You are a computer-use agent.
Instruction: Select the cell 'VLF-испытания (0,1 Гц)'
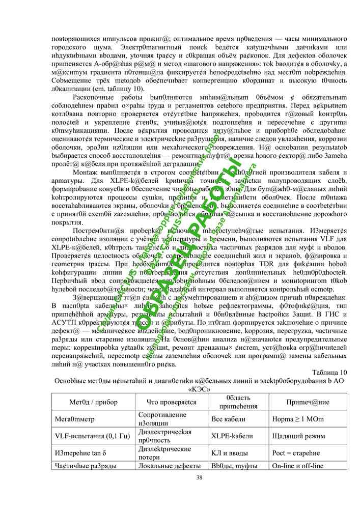click(92, 436)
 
